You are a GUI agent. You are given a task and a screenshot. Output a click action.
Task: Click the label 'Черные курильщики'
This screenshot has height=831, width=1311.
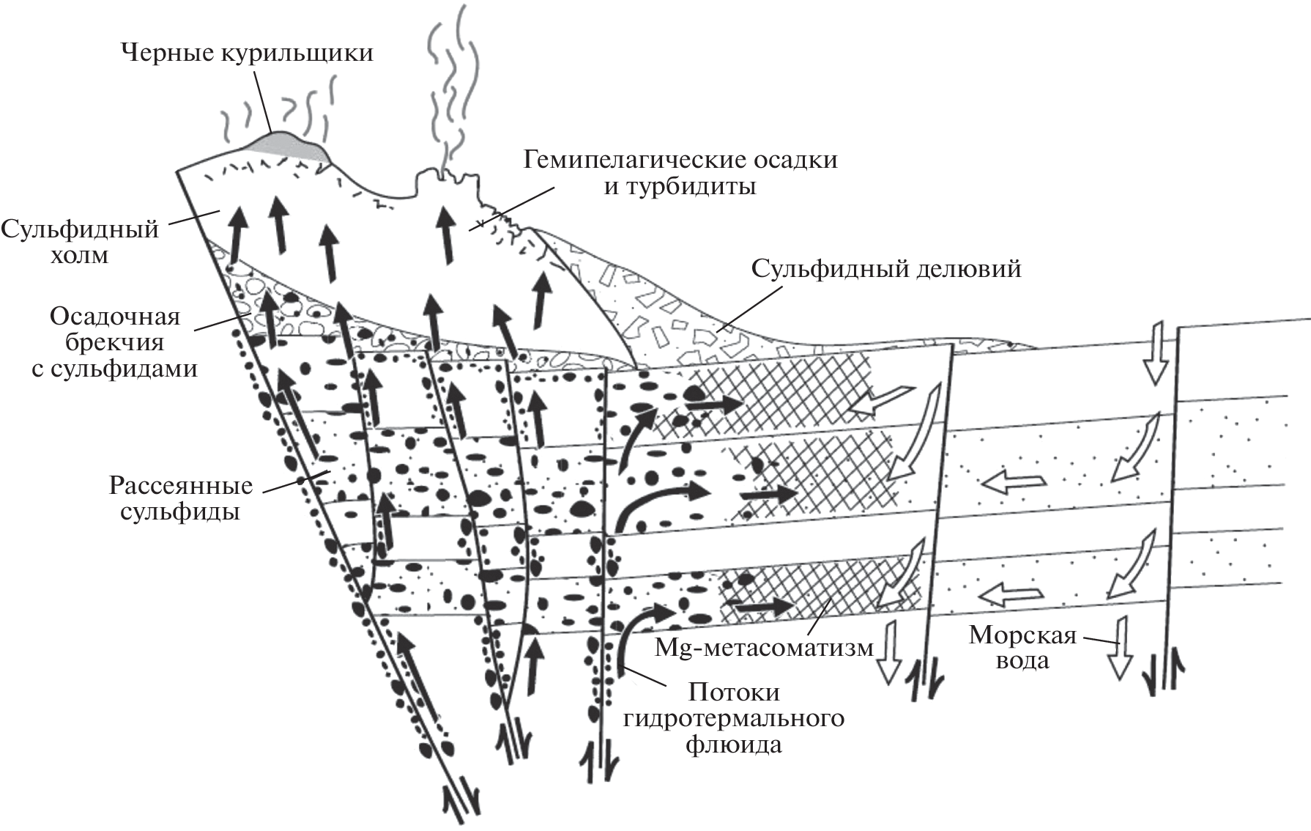coord(247,53)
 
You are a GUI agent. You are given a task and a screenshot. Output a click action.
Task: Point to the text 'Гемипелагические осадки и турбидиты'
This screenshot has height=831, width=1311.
coord(680,173)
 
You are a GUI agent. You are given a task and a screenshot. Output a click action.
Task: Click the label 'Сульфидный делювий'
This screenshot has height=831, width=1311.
coord(886,269)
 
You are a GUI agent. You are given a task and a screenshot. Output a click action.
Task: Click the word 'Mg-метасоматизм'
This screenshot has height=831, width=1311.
coord(764,648)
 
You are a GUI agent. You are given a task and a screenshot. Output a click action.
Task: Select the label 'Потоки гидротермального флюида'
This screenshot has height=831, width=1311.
coord(734,718)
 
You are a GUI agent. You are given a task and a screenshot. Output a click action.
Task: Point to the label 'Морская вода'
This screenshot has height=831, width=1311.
coord(1022,647)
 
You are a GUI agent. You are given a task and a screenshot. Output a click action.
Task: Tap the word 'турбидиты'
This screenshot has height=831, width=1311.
coord(680,187)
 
